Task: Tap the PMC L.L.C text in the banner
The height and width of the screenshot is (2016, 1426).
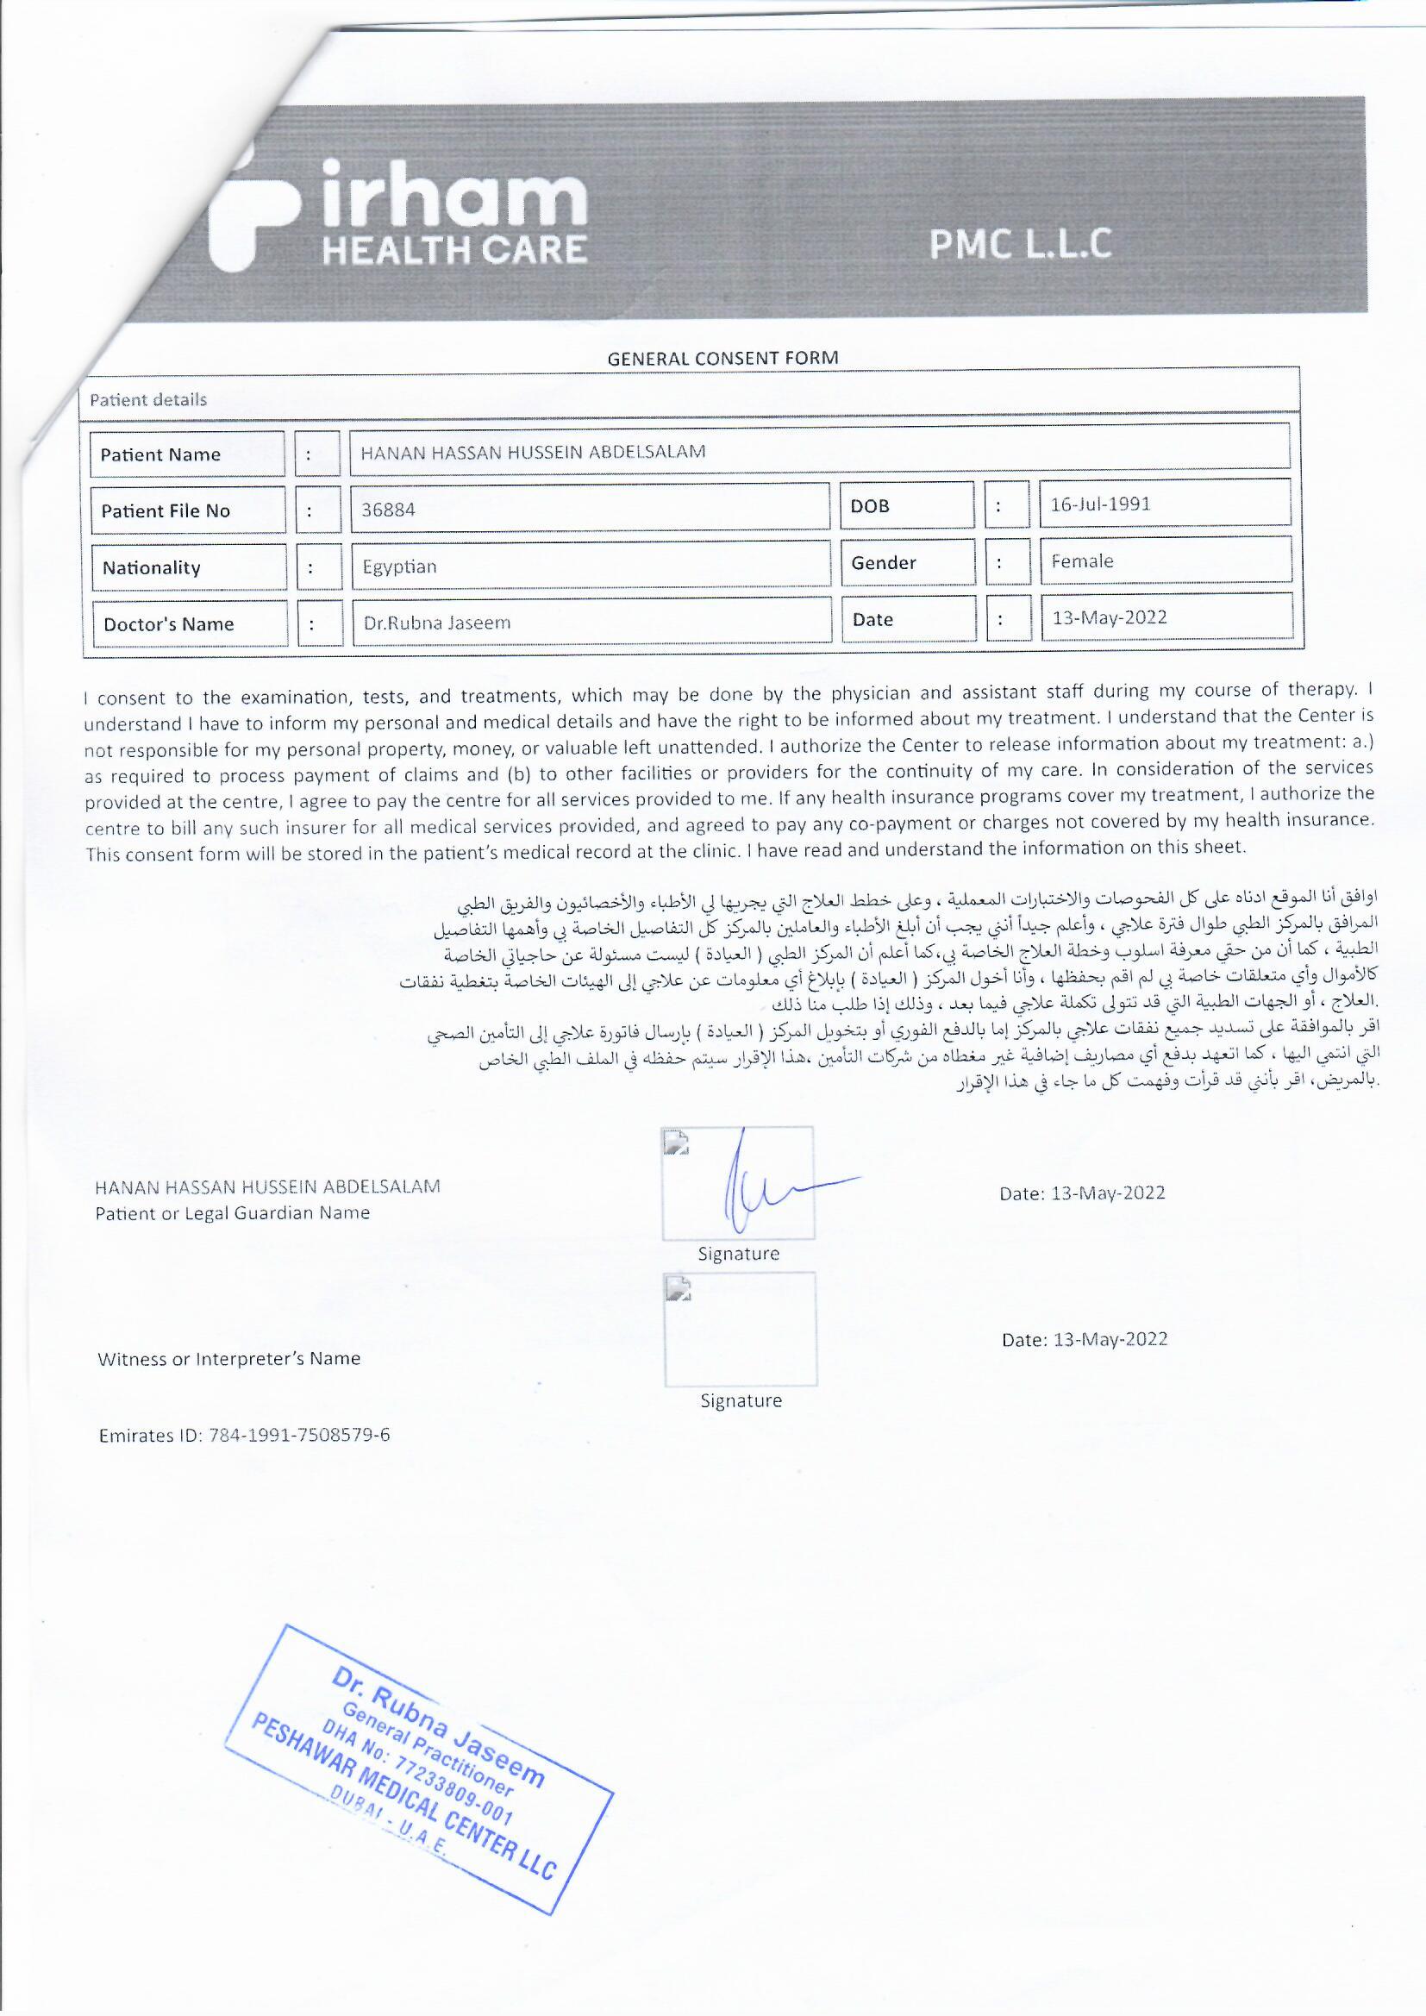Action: tap(1020, 244)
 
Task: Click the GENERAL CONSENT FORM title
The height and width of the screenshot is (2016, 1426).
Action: tap(722, 357)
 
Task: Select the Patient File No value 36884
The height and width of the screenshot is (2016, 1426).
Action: tap(388, 510)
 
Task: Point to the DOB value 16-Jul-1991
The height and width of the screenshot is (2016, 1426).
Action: tap(1099, 504)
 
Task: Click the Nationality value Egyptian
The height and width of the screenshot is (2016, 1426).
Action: tap(399, 567)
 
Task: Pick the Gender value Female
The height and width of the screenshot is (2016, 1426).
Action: tap(1082, 561)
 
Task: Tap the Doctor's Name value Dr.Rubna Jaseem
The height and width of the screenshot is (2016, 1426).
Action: tap(436, 623)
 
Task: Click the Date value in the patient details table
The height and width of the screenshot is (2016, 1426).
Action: tap(1109, 617)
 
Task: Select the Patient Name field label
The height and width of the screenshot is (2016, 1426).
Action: tap(159, 454)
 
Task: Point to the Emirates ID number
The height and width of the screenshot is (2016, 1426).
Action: tap(299, 1436)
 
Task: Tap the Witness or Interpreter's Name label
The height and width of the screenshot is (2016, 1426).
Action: tap(228, 1359)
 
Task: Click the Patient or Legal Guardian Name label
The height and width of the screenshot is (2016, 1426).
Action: tap(232, 1212)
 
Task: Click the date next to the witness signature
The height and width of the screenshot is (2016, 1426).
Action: tap(1085, 1340)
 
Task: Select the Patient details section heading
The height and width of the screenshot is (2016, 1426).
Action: tap(147, 400)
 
